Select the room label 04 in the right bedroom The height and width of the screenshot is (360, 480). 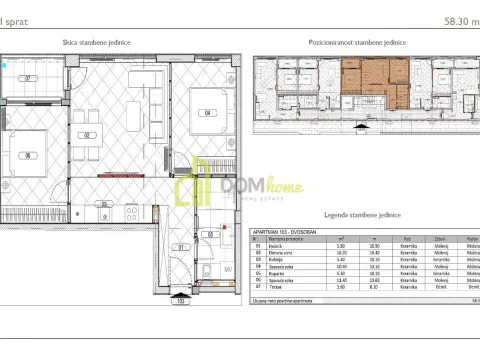pyautogui.click(x=209, y=112)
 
